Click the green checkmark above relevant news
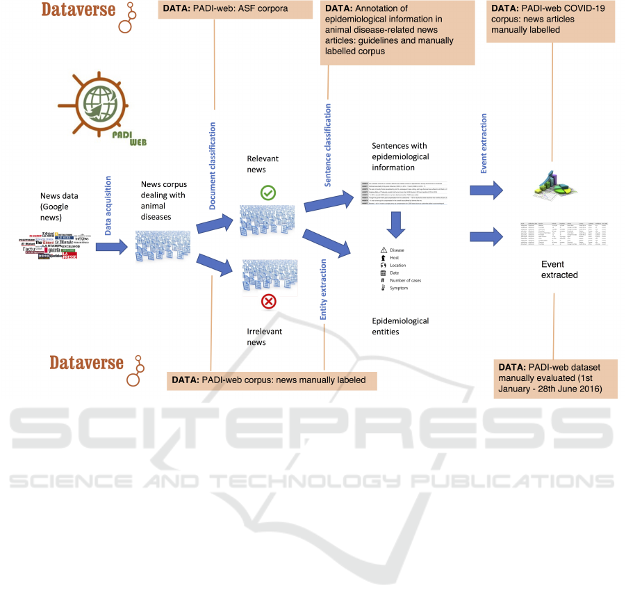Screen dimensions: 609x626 267,193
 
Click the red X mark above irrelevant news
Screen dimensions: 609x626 268,301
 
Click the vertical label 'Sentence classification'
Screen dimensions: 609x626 328,145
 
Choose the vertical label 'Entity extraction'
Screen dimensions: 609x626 323,289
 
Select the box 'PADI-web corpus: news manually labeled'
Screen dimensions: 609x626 271,380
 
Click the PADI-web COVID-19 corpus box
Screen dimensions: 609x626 551,22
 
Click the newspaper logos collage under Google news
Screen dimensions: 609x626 49,245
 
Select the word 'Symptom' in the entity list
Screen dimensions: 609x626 400,288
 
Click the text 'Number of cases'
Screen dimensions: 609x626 405,280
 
